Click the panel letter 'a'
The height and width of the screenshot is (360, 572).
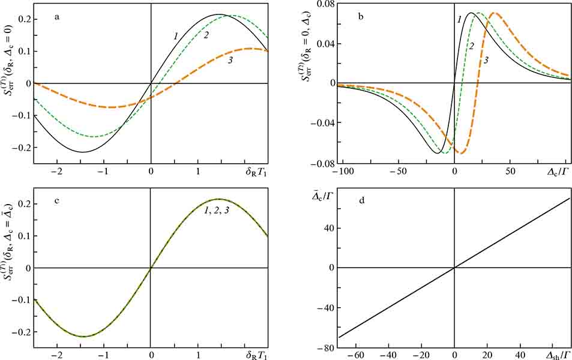[57, 17]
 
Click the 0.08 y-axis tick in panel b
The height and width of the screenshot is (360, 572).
[325, 4]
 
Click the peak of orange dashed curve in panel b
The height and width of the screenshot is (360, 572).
[495, 13]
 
